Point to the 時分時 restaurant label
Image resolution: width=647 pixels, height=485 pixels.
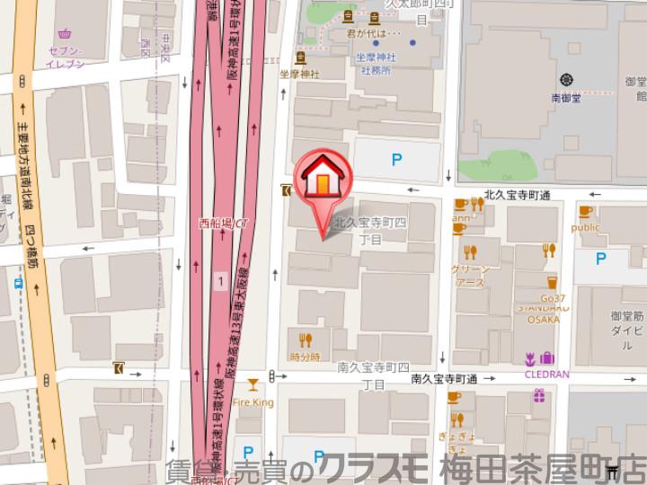pyautogui.click(x=305, y=357)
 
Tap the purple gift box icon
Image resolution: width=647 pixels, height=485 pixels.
pyautogui.click(x=539, y=394)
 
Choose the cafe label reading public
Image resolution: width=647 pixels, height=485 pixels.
pyautogui.click(x=585, y=228)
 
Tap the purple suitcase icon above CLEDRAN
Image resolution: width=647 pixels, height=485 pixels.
pyautogui.click(x=549, y=358)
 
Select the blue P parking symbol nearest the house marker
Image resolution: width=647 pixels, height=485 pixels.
pyautogui.click(x=395, y=161)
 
